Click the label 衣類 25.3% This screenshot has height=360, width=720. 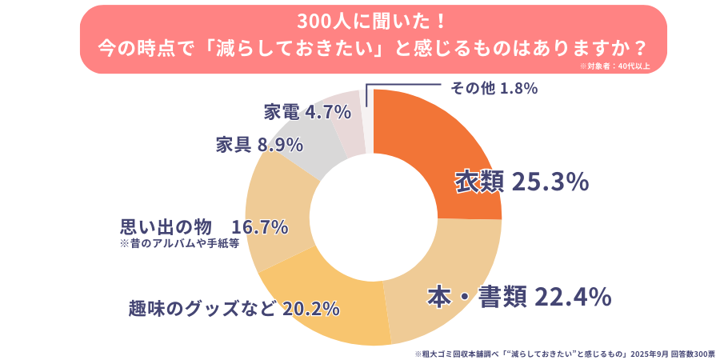click(522, 182)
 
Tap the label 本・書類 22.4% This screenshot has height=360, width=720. click(518, 297)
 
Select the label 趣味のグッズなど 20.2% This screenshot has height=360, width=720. click(234, 308)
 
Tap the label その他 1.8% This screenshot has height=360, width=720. click(494, 87)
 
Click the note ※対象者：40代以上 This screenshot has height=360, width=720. click(615, 66)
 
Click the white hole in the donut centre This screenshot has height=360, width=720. click(373, 217)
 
